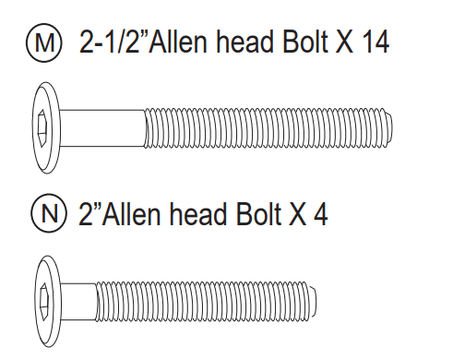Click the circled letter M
point(44,42)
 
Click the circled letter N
point(49,213)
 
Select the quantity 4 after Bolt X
point(320,214)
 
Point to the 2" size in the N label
point(90,213)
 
